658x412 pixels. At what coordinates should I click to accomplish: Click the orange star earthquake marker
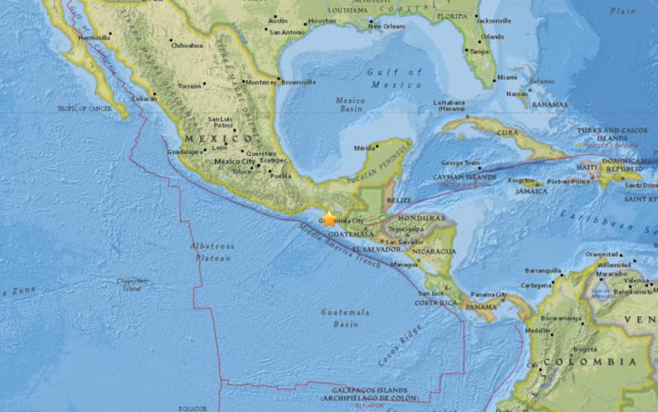click(329, 219)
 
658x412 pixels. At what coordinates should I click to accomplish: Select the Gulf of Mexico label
click(395, 77)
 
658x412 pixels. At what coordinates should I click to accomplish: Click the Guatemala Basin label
click(339, 319)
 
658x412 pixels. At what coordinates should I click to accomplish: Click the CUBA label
click(510, 133)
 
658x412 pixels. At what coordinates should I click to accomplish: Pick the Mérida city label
click(365, 147)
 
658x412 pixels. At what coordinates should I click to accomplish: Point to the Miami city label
click(507, 77)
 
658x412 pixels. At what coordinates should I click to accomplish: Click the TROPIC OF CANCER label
click(85, 108)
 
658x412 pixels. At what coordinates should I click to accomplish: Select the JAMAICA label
click(531, 191)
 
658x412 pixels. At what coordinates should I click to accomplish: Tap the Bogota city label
click(585, 349)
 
